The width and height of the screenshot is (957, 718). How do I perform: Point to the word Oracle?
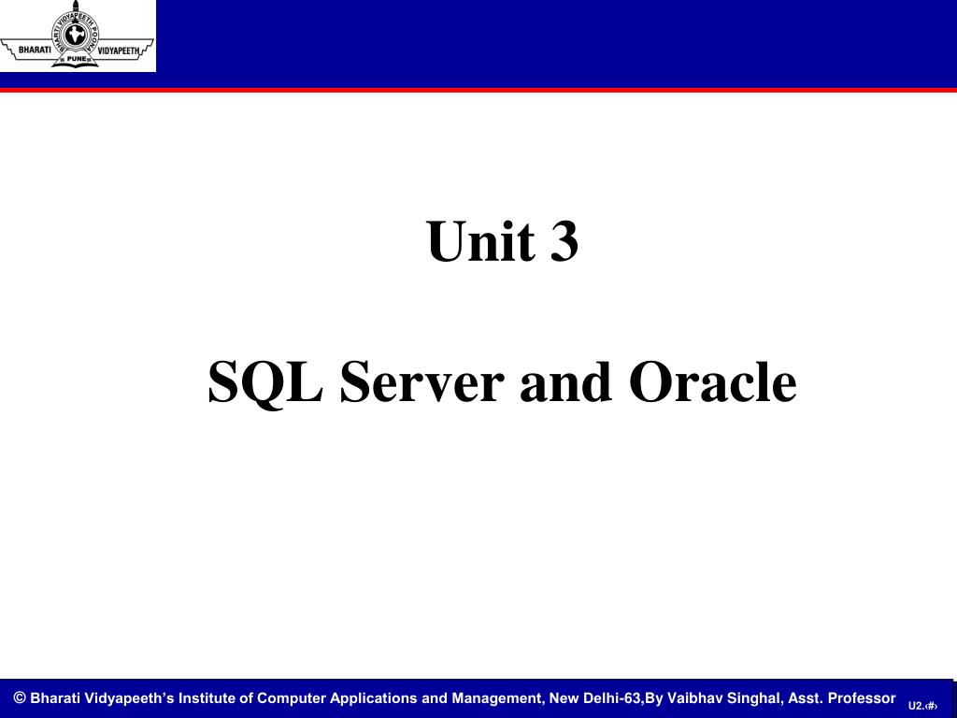(712, 382)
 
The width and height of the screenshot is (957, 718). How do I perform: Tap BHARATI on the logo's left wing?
(35, 49)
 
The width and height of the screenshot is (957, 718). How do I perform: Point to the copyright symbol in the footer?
(19, 697)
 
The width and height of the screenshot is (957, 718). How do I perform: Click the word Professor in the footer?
(861, 698)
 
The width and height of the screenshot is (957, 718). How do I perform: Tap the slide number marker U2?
(916, 706)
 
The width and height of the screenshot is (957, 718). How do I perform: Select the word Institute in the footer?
(207, 698)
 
